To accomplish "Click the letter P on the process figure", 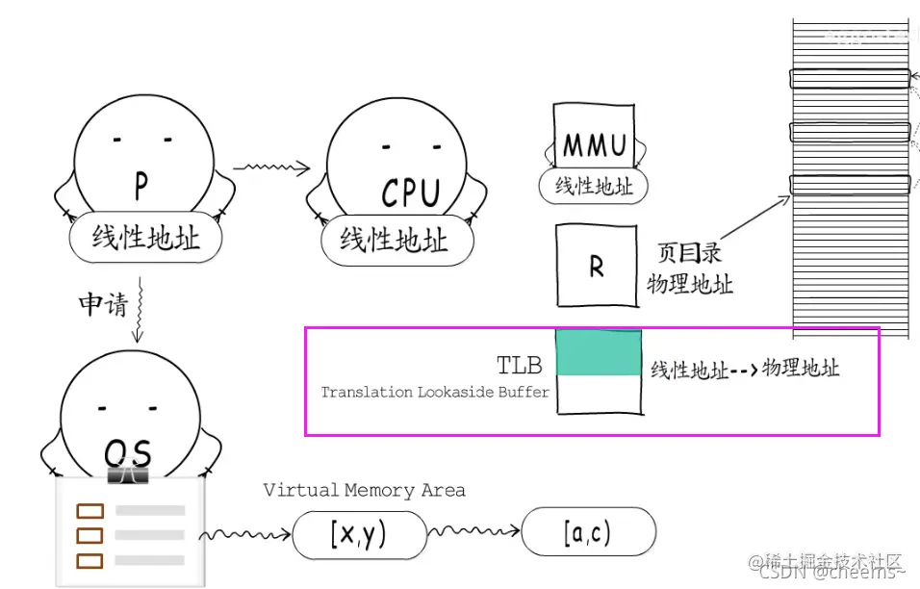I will pyautogui.click(x=141, y=186).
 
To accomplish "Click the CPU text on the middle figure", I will pyautogui.click(x=410, y=193).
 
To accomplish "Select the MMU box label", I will pyautogui.click(x=594, y=146).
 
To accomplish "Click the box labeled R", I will pyautogui.click(x=596, y=267).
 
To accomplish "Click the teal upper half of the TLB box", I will pyautogui.click(x=599, y=352).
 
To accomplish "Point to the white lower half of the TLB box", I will pyautogui.click(x=599, y=396).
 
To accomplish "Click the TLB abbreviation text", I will pyautogui.click(x=519, y=365).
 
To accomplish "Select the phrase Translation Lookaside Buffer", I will pyautogui.click(x=435, y=392).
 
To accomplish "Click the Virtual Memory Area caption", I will pyautogui.click(x=364, y=490).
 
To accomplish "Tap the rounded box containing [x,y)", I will pyautogui.click(x=359, y=535).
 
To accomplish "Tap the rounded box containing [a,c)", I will pyautogui.click(x=588, y=532).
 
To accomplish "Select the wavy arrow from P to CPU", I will pyautogui.click(x=270, y=168).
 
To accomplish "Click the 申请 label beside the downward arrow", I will pyautogui.click(x=102, y=305).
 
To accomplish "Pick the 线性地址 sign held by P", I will pyautogui.click(x=146, y=238).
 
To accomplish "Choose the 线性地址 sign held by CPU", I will pyautogui.click(x=394, y=240).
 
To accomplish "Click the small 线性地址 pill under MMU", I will pyautogui.click(x=594, y=186).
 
